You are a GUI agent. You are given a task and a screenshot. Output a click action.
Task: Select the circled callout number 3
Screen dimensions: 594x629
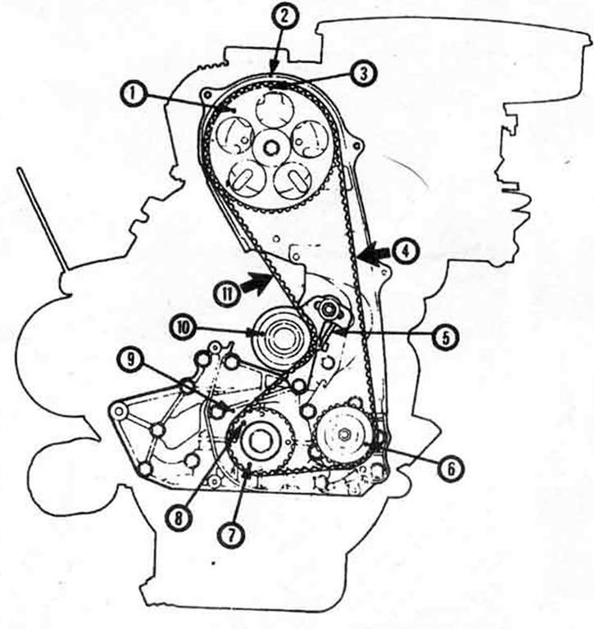(x=363, y=75)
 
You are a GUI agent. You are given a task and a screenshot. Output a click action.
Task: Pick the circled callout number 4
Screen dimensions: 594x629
(x=406, y=251)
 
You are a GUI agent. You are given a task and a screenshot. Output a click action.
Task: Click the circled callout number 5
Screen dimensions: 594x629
(x=446, y=336)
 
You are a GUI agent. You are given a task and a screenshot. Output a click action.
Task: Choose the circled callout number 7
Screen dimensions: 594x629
(x=230, y=536)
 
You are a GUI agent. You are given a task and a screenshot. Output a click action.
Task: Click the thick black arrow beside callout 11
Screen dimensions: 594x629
(x=256, y=283)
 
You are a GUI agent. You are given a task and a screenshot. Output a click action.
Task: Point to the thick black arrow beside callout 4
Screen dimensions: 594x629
(x=374, y=255)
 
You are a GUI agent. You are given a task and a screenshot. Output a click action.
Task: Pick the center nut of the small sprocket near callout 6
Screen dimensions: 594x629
(x=344, y=433)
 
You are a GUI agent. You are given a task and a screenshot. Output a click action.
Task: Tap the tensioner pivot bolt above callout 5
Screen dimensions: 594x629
(x=327, y=308)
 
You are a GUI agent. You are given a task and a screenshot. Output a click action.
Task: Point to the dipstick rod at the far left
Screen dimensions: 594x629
(x=40, y=219)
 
